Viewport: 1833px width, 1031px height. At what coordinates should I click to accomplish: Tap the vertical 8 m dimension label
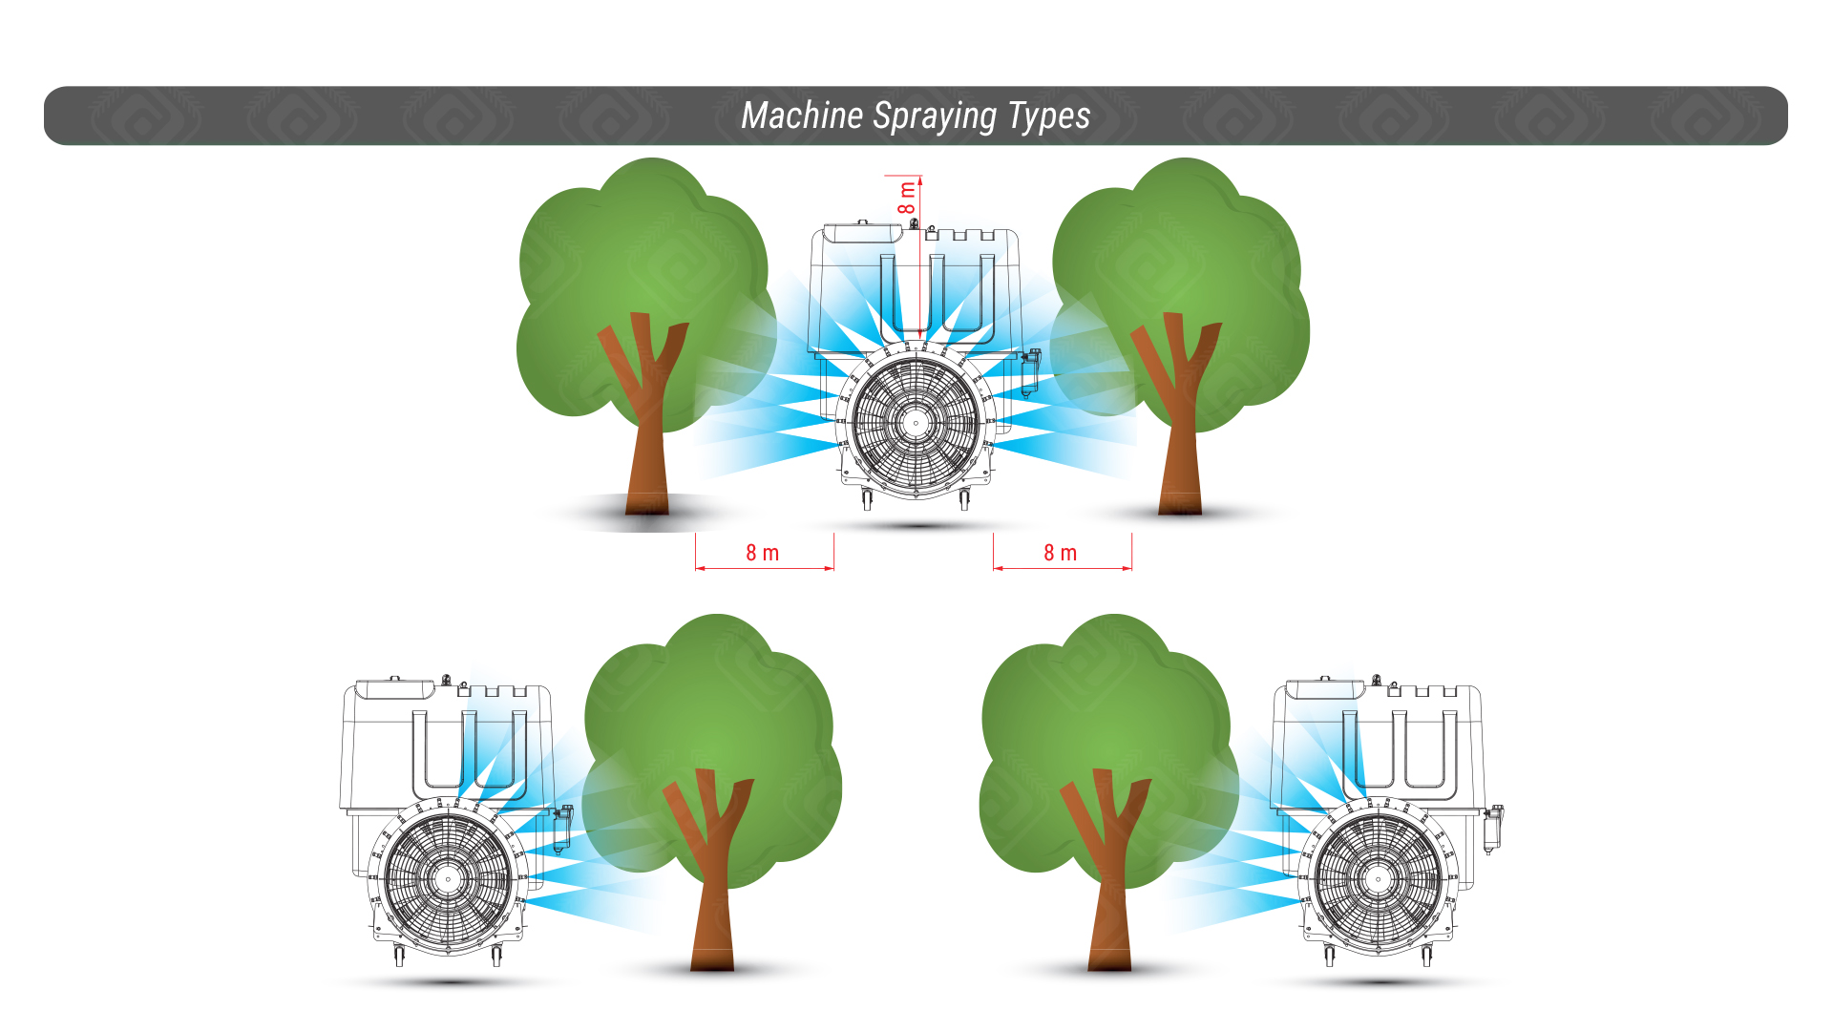click(906, 198)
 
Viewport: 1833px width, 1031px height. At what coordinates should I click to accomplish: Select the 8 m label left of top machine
click(762, 553)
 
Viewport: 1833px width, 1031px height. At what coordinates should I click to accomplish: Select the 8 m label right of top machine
click(1060, 553)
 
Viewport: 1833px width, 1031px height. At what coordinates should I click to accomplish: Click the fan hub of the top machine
click(916, 422)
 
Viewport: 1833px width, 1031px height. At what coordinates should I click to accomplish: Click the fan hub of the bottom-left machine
click(448, 878)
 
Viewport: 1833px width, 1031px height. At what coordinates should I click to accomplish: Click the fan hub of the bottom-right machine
click(1378, 878)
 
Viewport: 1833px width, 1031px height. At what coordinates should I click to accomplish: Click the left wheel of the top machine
click(867, 499)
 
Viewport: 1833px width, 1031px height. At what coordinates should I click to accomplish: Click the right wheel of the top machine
click(964, 499)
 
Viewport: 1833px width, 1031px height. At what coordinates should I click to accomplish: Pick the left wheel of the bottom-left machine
click(399, 956)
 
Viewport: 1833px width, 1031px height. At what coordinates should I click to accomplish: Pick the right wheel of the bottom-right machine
click(1426, 956)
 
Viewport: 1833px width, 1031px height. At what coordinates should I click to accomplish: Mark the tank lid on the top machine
click(862, 232)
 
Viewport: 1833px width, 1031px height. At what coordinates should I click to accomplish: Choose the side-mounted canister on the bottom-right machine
click(1492, 829)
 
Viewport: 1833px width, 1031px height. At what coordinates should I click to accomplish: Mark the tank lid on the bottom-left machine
click(394, 687)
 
